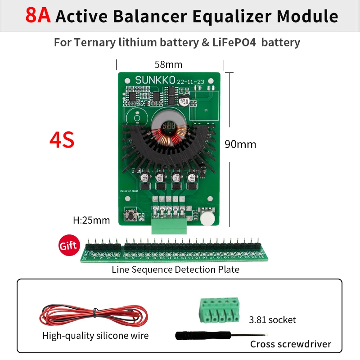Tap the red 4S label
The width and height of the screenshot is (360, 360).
62,140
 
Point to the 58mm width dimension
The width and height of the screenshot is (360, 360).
168,64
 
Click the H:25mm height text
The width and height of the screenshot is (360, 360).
91,220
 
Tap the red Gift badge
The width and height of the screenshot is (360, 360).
68,246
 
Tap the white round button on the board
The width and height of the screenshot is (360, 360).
207,219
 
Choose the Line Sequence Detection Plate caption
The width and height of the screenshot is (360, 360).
175,270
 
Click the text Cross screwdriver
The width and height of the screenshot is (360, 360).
290,344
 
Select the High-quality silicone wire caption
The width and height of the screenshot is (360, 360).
95,336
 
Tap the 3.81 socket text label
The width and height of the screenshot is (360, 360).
272,320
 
